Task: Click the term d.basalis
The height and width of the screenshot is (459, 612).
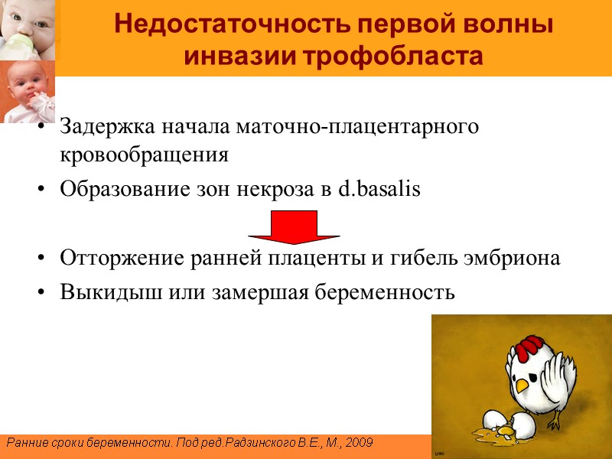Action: (x=379, y=190)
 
